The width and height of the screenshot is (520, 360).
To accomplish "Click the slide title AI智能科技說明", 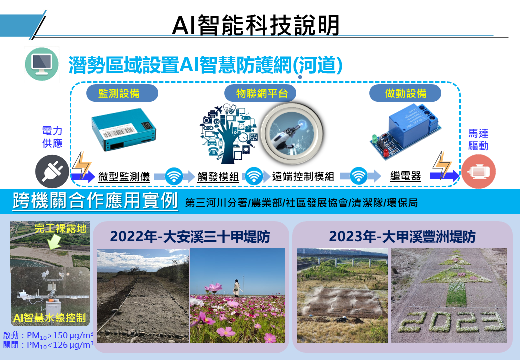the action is point(256,25).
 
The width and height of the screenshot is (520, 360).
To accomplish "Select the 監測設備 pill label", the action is point(122,93).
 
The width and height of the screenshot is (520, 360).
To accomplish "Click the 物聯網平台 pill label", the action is point(260,93).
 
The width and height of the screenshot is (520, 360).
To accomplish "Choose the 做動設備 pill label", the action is point(405,93).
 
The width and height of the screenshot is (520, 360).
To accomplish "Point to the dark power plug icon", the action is point(52,171).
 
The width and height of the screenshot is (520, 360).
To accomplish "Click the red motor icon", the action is point(478,171).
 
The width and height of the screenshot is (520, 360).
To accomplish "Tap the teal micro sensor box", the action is point(123,129).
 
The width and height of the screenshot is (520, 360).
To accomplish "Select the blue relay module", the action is point(406,132).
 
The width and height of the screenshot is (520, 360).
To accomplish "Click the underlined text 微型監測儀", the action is point(124,177).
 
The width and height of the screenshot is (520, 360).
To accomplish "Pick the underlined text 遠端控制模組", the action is point(303,177).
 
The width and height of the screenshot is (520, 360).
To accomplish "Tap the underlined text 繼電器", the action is point(405,176).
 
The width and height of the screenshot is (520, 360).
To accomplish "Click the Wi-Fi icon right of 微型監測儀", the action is point(174,176).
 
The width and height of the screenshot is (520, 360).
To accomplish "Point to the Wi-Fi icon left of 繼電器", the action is point(358,176).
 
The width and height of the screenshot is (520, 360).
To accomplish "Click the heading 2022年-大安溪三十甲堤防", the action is point(190,237).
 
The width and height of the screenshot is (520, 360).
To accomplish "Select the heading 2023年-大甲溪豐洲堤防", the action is point(402,237).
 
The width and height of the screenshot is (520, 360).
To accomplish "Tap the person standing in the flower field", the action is point(237,288).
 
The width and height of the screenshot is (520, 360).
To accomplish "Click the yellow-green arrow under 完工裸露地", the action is point(54,241).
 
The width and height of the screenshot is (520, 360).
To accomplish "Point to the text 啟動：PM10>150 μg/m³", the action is point(48,335).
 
